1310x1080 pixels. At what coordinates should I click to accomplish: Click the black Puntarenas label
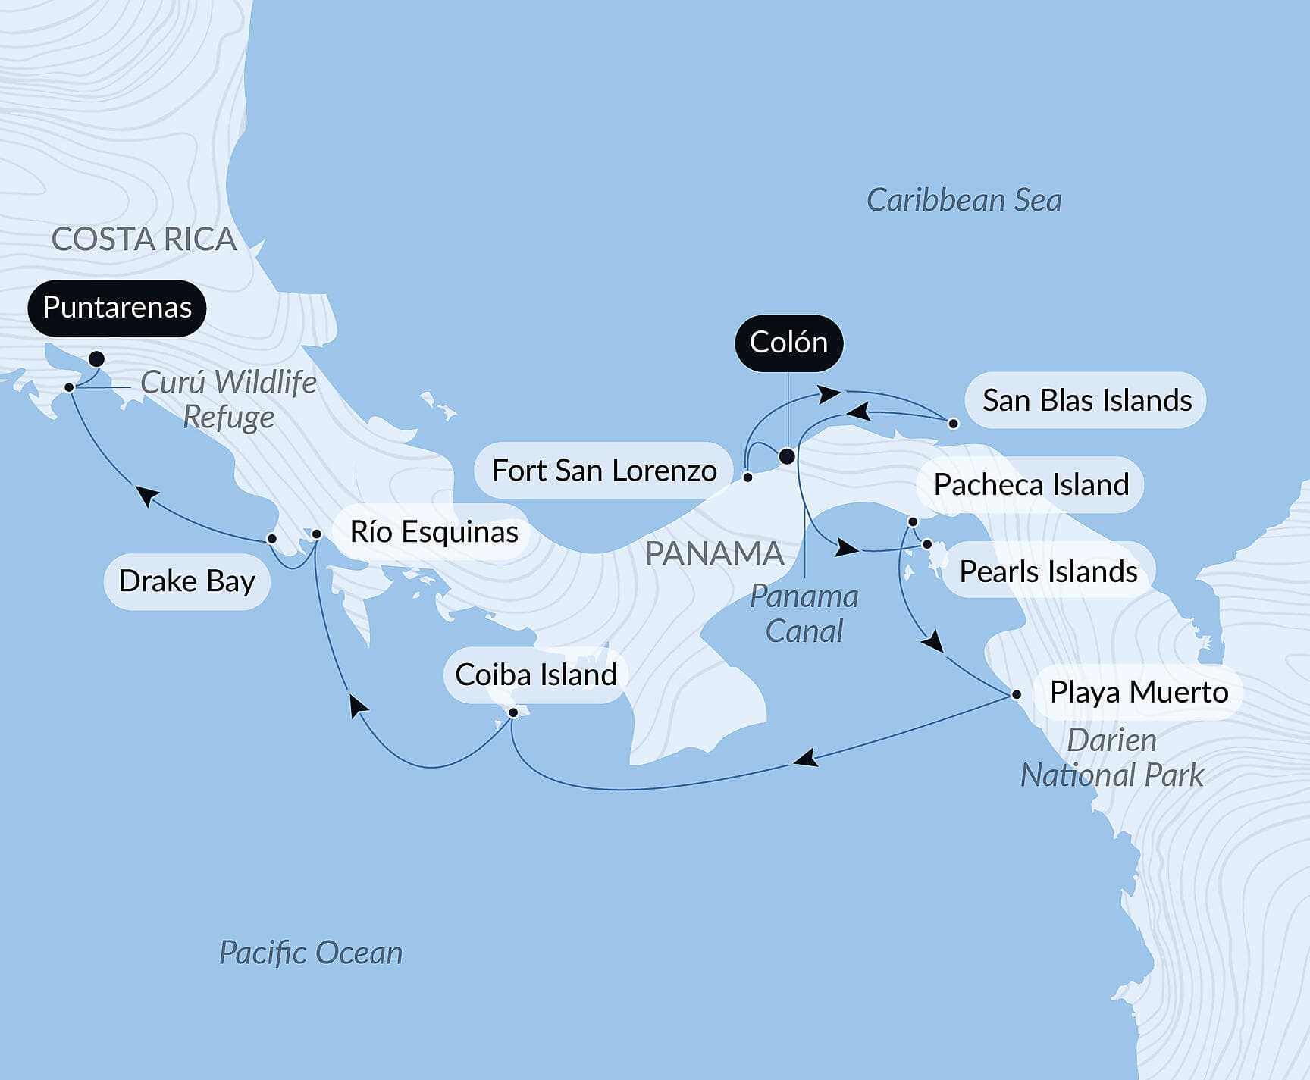(x=117, y=308)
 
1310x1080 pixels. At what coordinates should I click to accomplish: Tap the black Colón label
(x=788, y=343)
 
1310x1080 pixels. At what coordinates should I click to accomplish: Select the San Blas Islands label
(x=1086, y=400)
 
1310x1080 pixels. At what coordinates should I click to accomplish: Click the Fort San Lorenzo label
(x=604, y=471)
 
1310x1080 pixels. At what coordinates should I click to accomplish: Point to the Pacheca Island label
(x=1031, y=485)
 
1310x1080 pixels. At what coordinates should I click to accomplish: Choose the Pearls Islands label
(x=1048, y=571)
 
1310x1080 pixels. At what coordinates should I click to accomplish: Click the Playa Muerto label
(x=1139, y=692)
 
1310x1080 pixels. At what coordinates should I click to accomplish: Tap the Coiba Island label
(x=535, y=675)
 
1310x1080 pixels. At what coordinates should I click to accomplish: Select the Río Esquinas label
(x=434, y=532)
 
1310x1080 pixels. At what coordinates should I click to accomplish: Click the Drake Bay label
(x=186, y=581)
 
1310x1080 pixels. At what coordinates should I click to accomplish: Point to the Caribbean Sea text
(x=964, y=201)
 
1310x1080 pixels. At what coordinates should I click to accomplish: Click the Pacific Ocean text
(x=310, y=953)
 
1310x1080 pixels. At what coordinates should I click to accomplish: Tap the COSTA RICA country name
(x=144, y=239)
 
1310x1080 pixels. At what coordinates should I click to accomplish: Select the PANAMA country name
(x=714, y=554)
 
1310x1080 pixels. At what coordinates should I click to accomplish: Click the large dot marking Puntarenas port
(x=96, y=358)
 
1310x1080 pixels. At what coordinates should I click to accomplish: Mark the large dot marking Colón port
(x=787, y=456)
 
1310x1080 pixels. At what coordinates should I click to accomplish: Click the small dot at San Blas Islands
(x=954, y=424)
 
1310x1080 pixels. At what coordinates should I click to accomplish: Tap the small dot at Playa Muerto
(x=1017, y=694)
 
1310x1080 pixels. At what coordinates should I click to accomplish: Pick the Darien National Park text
(x=1111, y=758)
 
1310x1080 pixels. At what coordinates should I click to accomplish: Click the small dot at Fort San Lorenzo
(x=747, y=477)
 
